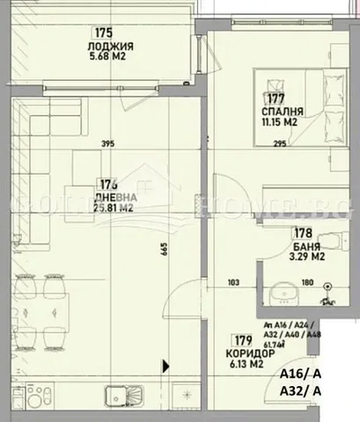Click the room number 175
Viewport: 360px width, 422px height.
click(x=103, y=33)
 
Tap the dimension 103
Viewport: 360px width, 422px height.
click(x=233, y=283)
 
